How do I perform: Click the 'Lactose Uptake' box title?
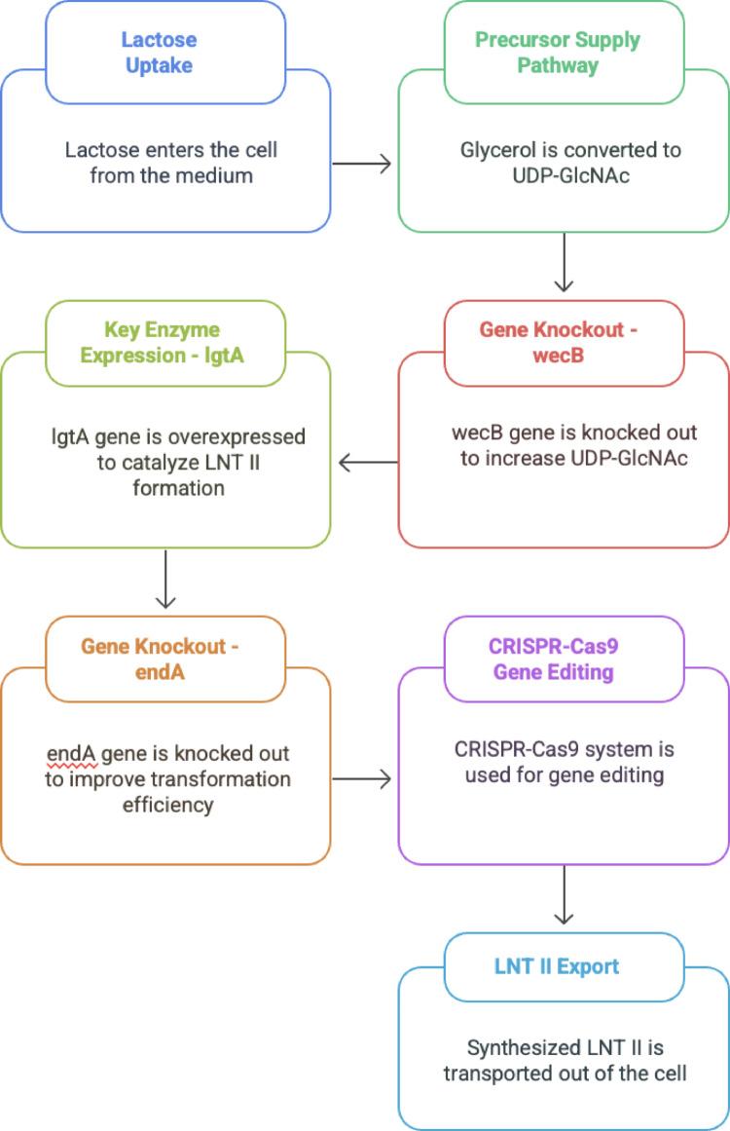[x=159, y=53]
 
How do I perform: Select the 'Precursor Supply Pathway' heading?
[x=557, y=53]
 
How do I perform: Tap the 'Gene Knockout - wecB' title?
[x=558, y=341]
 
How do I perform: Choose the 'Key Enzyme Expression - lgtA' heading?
[x=162, y=342]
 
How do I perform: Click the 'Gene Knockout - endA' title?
[x=160, y=659]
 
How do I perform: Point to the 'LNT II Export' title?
[x=556, y=966]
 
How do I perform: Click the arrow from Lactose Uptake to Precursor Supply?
[x=362, y=164]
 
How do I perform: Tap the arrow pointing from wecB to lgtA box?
[x=367, y=462]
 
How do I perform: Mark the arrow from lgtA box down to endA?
[x=165, y=580]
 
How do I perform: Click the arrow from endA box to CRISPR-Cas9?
[x=362, y=778]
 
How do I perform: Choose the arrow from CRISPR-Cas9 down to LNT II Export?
[x=564, y=896]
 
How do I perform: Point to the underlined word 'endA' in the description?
[x=70, y=754]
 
